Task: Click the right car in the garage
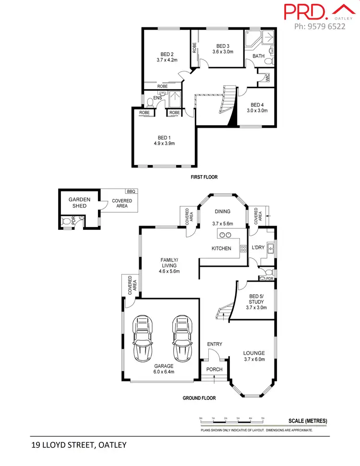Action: coord(181,338)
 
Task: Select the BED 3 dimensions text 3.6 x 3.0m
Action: coord(222,52)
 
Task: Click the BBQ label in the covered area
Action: coord(132,191)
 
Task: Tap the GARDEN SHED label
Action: coord(79,203)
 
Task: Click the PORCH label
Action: coord(214,369)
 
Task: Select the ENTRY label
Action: coord(214,344)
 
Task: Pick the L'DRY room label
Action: coord(258,248)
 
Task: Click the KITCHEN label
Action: coord(221,249)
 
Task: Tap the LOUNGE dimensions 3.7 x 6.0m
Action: coord(254,359)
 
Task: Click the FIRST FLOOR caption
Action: coord(204,177)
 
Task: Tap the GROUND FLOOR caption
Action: coord(199,398)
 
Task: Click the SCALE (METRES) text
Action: coord(308,421)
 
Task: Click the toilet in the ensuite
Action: coord(151,101)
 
